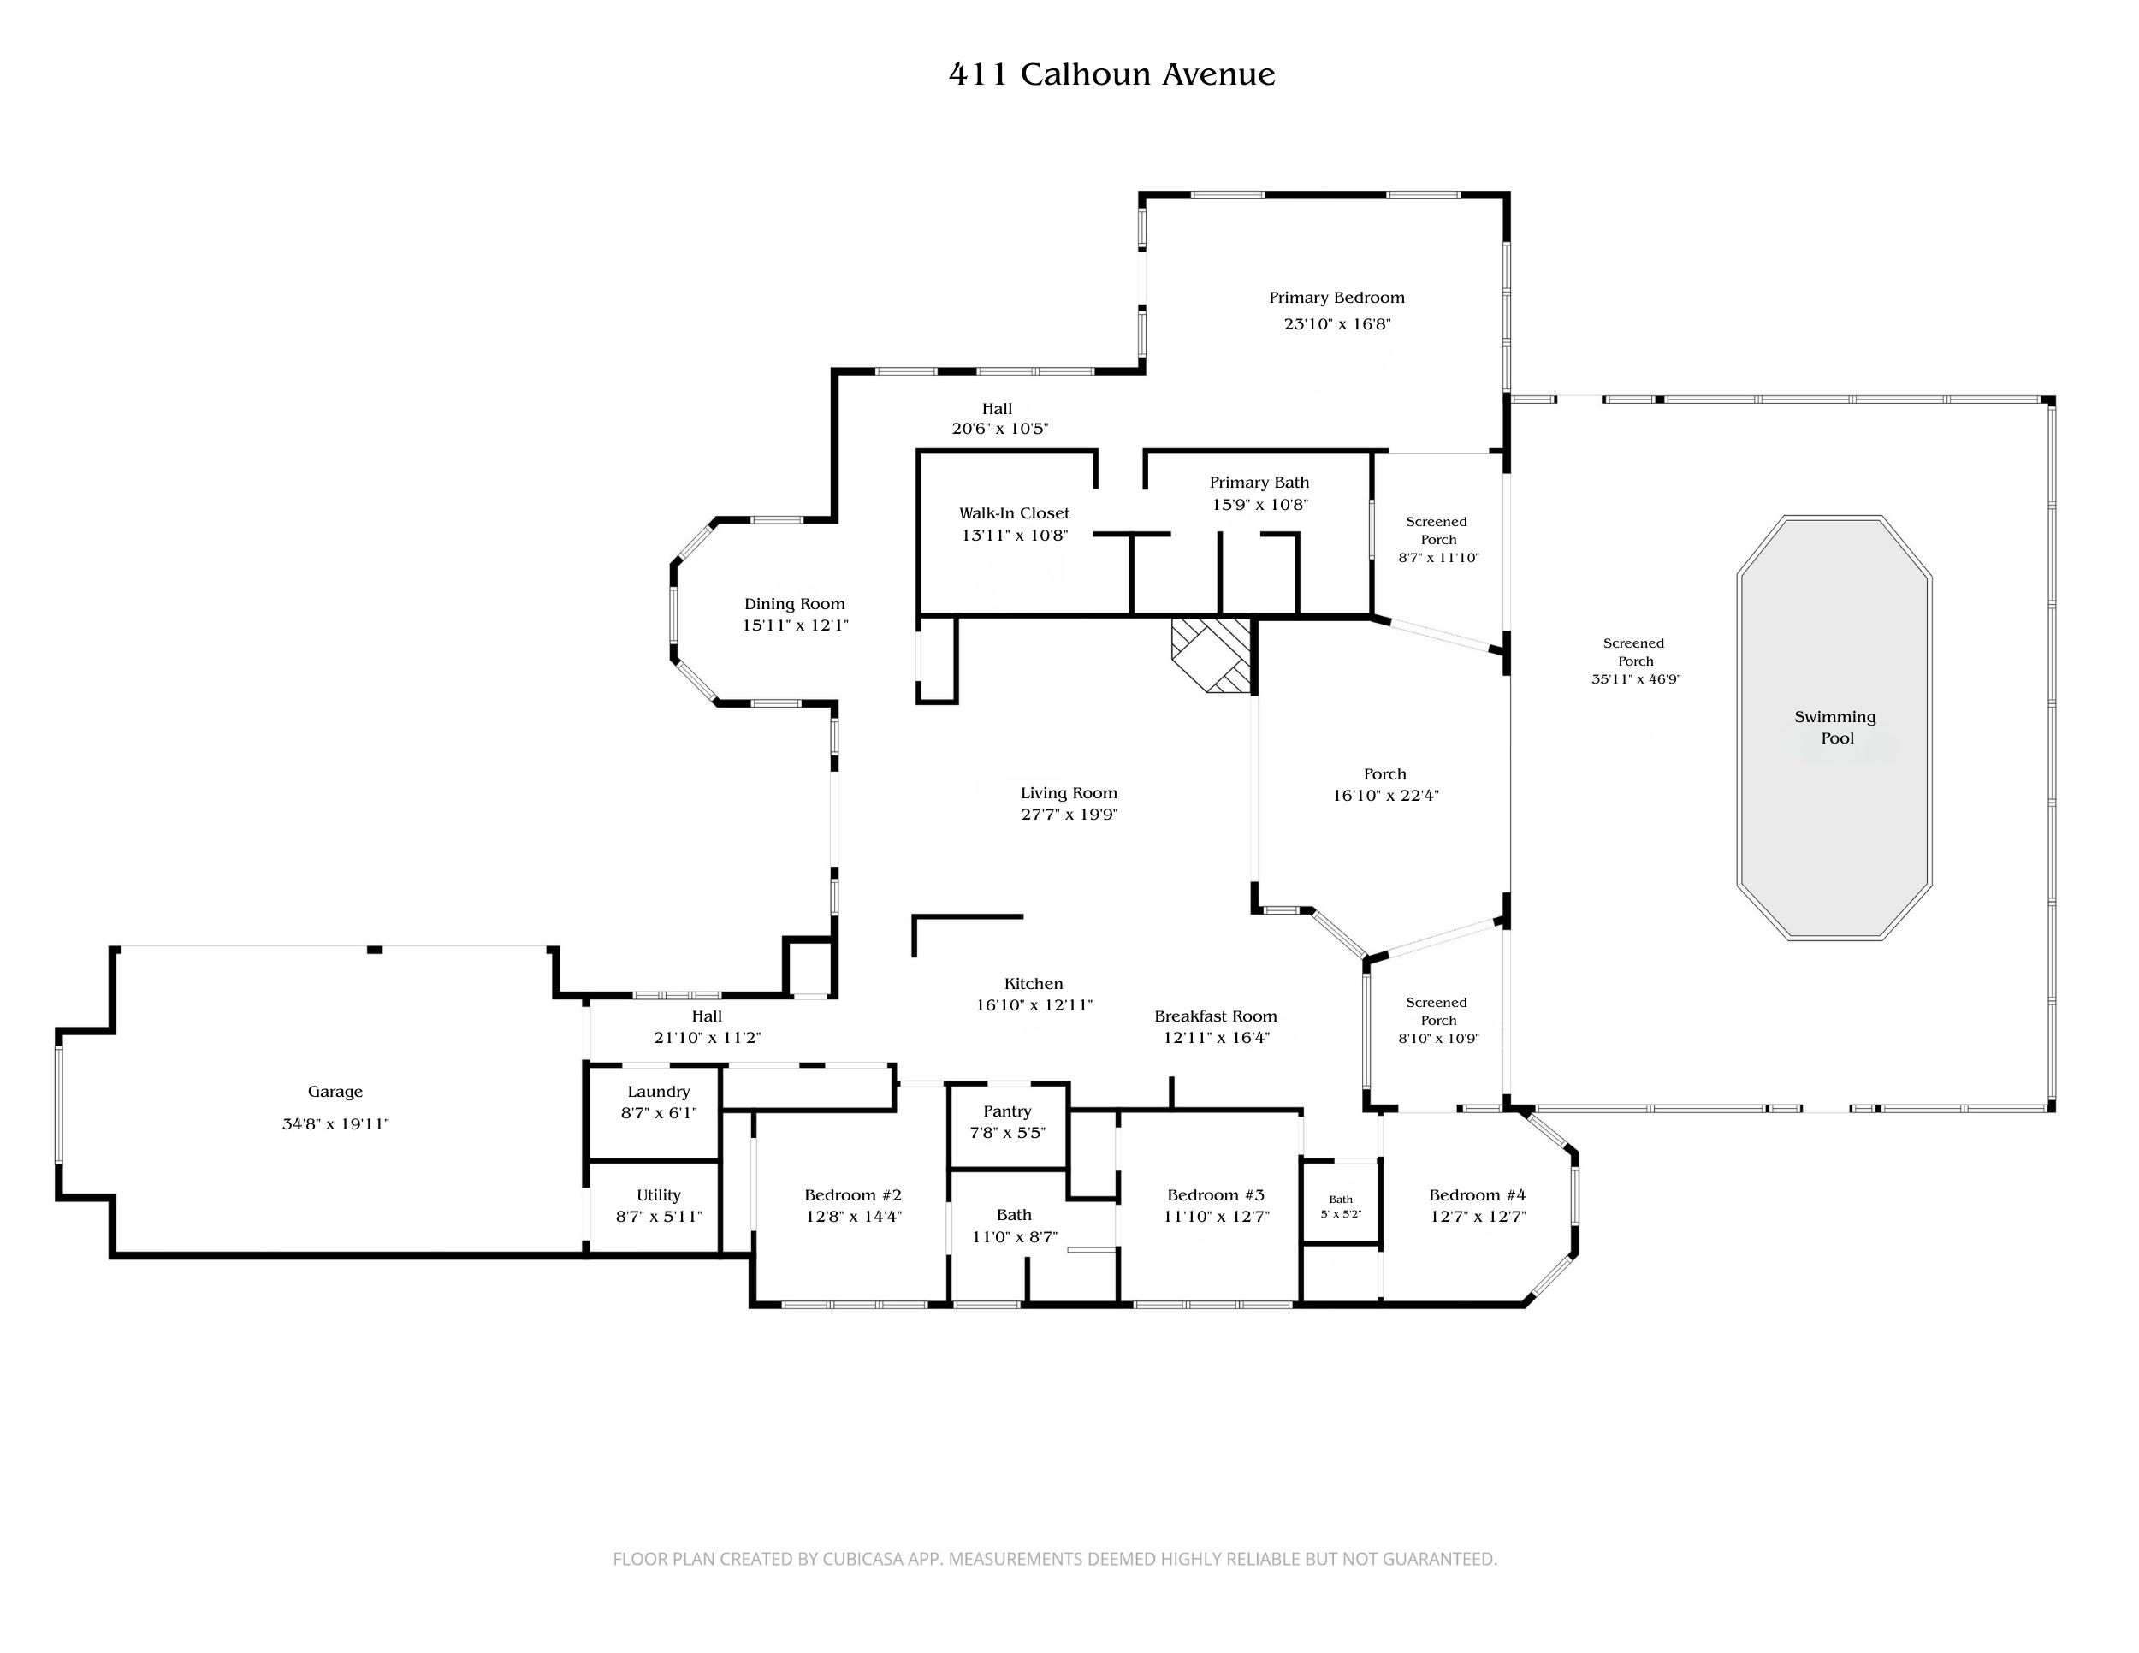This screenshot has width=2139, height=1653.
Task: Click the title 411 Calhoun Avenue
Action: tap(1111, 74)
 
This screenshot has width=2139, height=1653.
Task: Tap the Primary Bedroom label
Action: tap(1336, 298)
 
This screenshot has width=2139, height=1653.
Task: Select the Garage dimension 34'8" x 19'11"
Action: tap(335, 1123)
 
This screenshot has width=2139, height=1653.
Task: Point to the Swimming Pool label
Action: tap(1835, 727)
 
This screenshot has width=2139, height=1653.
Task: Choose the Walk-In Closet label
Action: tap(1014, 513)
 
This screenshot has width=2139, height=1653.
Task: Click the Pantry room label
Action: tap(1007, 1111)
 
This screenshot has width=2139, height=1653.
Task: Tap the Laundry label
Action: tap(658, 1092)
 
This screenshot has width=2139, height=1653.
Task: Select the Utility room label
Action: tap(658, 1194)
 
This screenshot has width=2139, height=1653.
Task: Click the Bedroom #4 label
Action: tap(1477, 1194)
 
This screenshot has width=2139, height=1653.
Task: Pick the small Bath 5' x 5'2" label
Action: tap(1341, 1206)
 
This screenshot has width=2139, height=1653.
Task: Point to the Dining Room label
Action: tap(794, 604)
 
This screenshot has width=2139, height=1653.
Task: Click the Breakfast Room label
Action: tap(1216, 1016)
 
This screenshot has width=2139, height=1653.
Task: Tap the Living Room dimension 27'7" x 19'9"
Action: tap(1069, 814)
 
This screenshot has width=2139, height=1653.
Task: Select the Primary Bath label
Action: tap(1259, 483)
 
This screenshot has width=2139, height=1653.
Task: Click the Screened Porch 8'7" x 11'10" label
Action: tap(1437, 539)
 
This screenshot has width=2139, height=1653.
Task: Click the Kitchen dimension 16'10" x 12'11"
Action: tap(1034, 1004)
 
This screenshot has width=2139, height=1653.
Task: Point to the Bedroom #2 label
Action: tap(852, 1194)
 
